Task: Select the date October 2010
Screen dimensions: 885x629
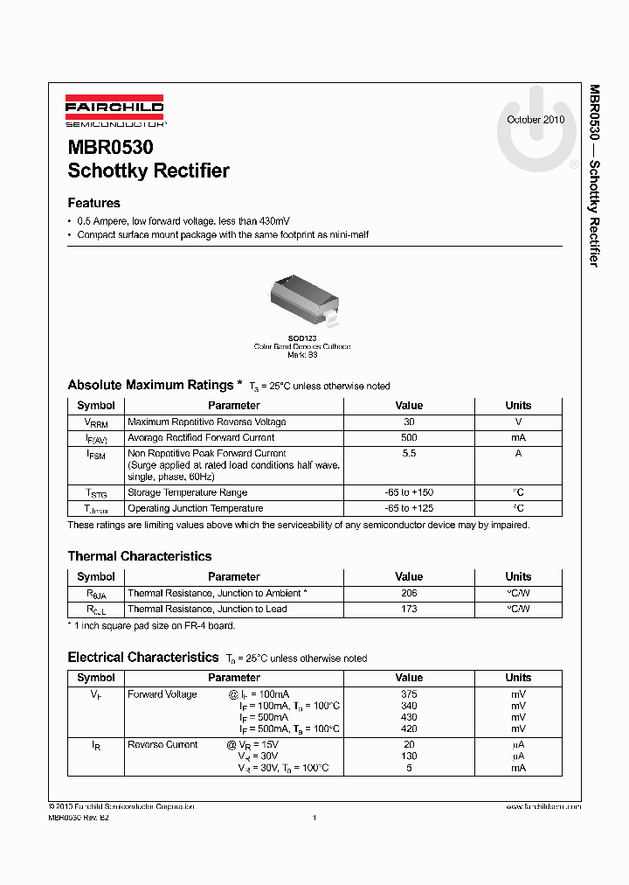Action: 536,120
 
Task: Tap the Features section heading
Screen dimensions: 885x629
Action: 93,203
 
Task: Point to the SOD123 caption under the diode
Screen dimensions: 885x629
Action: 302,338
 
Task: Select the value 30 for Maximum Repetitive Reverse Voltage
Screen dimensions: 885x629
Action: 409,422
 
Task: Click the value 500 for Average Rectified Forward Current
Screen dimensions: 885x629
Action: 409,437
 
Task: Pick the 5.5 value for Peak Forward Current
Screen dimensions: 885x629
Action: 409,453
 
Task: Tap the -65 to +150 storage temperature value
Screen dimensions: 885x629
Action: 409,492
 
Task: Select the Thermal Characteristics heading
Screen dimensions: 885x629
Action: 140,556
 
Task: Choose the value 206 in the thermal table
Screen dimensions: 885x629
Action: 409,593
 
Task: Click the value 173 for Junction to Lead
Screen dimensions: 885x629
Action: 409,609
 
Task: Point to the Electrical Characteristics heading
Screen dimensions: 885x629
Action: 143,658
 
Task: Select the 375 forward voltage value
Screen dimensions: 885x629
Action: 409,694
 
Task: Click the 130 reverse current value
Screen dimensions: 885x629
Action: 409,756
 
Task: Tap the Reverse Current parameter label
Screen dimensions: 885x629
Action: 162,745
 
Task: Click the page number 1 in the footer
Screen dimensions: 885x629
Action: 314,818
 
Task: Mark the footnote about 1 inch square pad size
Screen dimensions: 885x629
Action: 151,625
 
